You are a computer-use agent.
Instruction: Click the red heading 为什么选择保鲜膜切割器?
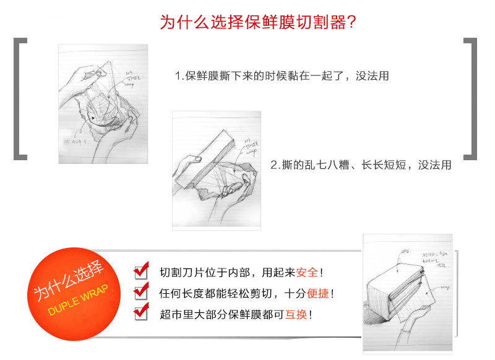(x=257, y=22)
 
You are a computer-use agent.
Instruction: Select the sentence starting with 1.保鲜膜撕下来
(x=282, y=77)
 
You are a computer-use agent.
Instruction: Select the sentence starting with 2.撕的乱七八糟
(x=361, y=165)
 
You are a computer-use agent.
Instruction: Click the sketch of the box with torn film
(x=216, y=169)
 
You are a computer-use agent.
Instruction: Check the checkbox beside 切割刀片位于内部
(x=142, y=271)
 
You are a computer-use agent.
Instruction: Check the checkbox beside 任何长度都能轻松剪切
(x=142, y=292)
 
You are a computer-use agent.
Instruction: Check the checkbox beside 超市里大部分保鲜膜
(x=142, y=312)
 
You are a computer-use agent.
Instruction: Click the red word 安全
(x=307, y=272)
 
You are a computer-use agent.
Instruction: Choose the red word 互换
(x=296, y=314)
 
